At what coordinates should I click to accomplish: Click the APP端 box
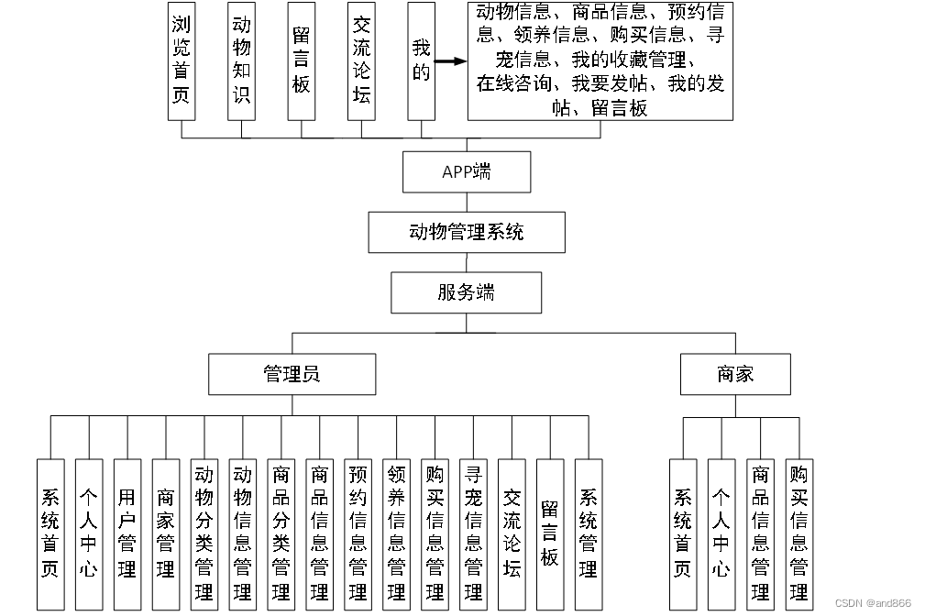tap(467, 171)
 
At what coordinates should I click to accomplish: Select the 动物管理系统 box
tap(467, 232)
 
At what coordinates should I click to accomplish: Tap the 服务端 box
tap(466, 292)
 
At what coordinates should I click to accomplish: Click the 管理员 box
tap(292, 374)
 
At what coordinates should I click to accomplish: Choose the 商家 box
tap(735, 374)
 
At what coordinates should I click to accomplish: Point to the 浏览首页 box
tap(182, 60)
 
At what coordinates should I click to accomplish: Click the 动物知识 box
tap(241, 60)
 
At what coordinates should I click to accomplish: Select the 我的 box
tap(421, 60)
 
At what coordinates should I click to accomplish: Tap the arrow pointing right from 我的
tap(450, 62)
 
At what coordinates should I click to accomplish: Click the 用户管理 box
tap(127, 534)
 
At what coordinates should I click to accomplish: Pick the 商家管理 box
tap(166, 534)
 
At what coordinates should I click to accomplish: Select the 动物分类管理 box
tap(204, 534)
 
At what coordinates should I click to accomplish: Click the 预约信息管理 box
tap(358, 534)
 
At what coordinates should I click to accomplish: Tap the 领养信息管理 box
tap(397, 534)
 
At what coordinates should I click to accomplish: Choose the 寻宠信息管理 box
tap(474, 534)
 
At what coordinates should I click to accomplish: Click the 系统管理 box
tap(589, 534)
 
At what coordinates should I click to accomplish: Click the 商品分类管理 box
tap(281, 534)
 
